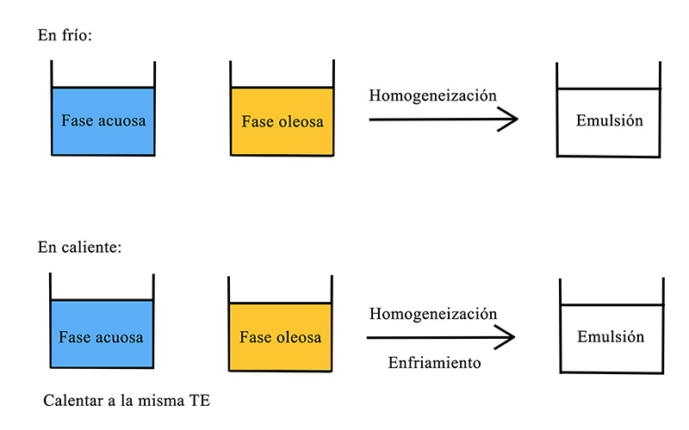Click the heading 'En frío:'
pos(65,35)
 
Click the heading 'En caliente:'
pos(79,247)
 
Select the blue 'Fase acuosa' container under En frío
pos(103,108)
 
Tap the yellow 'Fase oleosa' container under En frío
pos(282,108)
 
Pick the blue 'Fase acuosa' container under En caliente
pos(102,321)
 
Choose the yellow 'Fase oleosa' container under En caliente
pos(281,323)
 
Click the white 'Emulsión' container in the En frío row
pos(609,110)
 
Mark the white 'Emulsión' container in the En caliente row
pos(611,326)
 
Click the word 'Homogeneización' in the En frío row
pos(433,95)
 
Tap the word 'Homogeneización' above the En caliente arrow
pos(433,314)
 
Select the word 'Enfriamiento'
pos(435,363)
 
